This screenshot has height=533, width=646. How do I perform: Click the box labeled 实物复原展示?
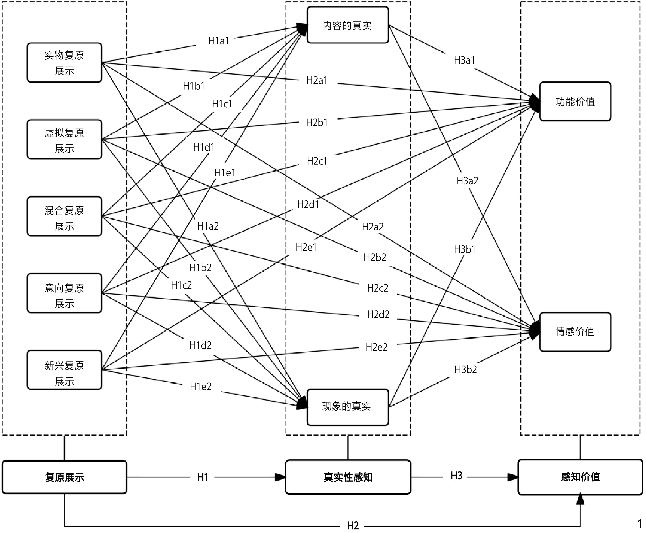coord(64,63)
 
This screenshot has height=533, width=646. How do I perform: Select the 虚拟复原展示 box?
coord(64,139)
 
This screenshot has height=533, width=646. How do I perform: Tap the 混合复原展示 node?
coord(64,216)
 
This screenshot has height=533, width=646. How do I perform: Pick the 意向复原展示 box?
coord(64,293)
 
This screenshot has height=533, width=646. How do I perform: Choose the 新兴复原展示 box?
coord(64,370)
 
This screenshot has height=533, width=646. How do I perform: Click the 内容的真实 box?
coord(348,25)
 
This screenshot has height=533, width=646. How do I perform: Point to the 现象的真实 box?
coord(348,407)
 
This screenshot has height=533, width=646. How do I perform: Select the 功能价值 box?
coord(575,101)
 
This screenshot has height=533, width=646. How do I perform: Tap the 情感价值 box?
coord(575,332)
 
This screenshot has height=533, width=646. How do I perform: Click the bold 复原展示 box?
coord(64,477)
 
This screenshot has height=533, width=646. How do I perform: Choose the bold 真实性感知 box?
coord(348,477)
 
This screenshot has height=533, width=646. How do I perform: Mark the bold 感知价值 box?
coord(580,477)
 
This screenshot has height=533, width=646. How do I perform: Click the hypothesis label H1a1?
coord(219,41)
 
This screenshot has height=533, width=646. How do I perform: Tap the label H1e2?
coord(201,386)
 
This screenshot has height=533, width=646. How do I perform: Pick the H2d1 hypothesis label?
coord(308,205)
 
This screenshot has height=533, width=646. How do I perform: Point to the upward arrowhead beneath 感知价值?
coord(580,500)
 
